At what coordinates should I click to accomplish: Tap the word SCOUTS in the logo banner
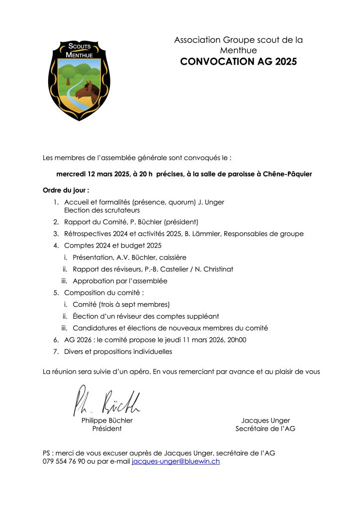point(80,47)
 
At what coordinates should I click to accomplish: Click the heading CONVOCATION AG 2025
point(238,62)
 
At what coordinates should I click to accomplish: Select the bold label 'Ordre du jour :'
point(66,190)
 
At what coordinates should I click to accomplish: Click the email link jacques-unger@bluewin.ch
point(176,461)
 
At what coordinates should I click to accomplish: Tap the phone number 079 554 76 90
point(64,461)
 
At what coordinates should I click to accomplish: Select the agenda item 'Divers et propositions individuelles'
point(118,351)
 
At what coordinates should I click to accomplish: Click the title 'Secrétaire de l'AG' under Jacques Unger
point(265,428)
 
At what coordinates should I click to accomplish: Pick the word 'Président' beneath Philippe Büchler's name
point(107,428)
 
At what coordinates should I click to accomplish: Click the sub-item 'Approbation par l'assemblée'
point(120,281)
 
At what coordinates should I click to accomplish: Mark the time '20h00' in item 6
point(236,340)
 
